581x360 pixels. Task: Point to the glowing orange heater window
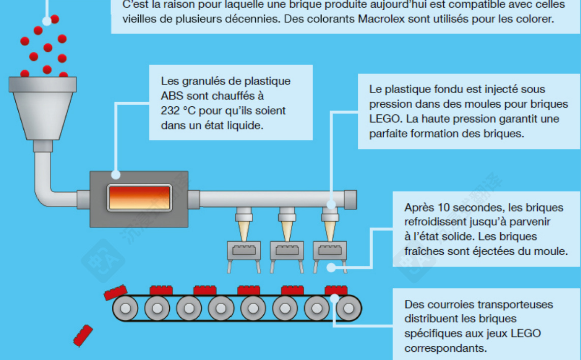click(139, 198)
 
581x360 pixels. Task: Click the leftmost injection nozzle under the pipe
click(243, 226)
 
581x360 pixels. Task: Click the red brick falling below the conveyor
click(83, 336)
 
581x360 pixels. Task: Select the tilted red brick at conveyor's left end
click(115, 292)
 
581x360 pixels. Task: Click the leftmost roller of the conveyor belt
click(125, 308)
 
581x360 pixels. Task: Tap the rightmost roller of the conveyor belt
click(349, 308)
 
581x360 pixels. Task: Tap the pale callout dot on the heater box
click(116, 175)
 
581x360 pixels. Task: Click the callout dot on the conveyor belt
click(334, 298)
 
